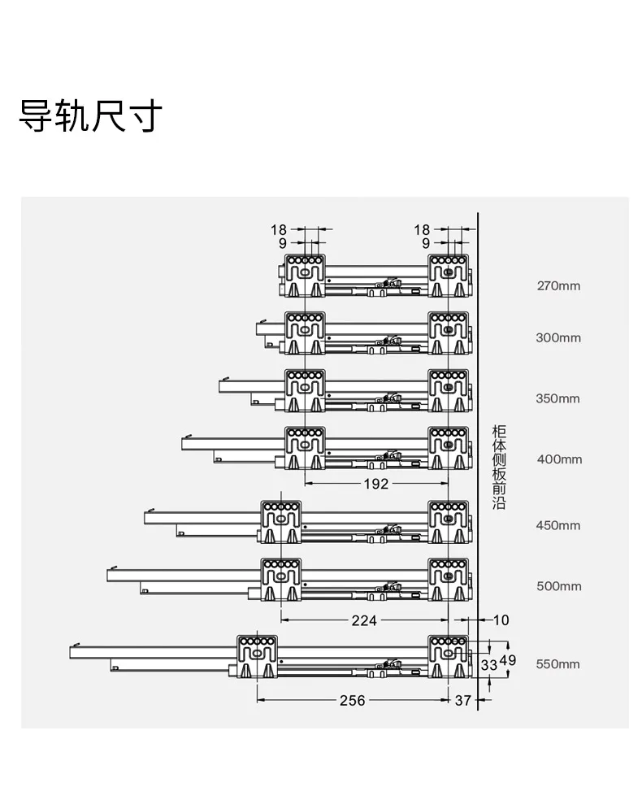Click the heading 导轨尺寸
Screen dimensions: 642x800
[x=91, y=115]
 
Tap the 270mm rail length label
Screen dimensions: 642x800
[x=558, y=285]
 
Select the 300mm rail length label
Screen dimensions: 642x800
[x=558, y=337]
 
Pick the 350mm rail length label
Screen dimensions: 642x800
[x=557, y=398]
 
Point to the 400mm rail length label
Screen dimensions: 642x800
[x=559, y=459]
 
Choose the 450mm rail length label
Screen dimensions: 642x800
[x=558, y=525]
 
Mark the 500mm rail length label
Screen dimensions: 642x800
[x=559, y=586]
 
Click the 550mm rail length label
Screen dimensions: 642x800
[x=557, y=664]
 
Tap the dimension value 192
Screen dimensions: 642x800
[x=376, y=484]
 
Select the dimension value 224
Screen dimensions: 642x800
[x=364, y=620]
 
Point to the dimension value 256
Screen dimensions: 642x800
[x=353, y=701]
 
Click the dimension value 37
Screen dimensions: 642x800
[x=463, y=701]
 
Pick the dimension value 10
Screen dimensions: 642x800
[x=501, y=620]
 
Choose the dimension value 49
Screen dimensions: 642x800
[x=508, y=660]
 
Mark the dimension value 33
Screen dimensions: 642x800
[x=489, y=665]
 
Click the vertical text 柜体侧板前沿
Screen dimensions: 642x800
[x=499, y=467]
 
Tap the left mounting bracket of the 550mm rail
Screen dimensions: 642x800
[x=258, y=657]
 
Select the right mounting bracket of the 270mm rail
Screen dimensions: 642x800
[x=449, y=276]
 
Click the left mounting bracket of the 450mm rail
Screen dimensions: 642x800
[x=281, y=522]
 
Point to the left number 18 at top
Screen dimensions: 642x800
[x=279, y=230]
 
